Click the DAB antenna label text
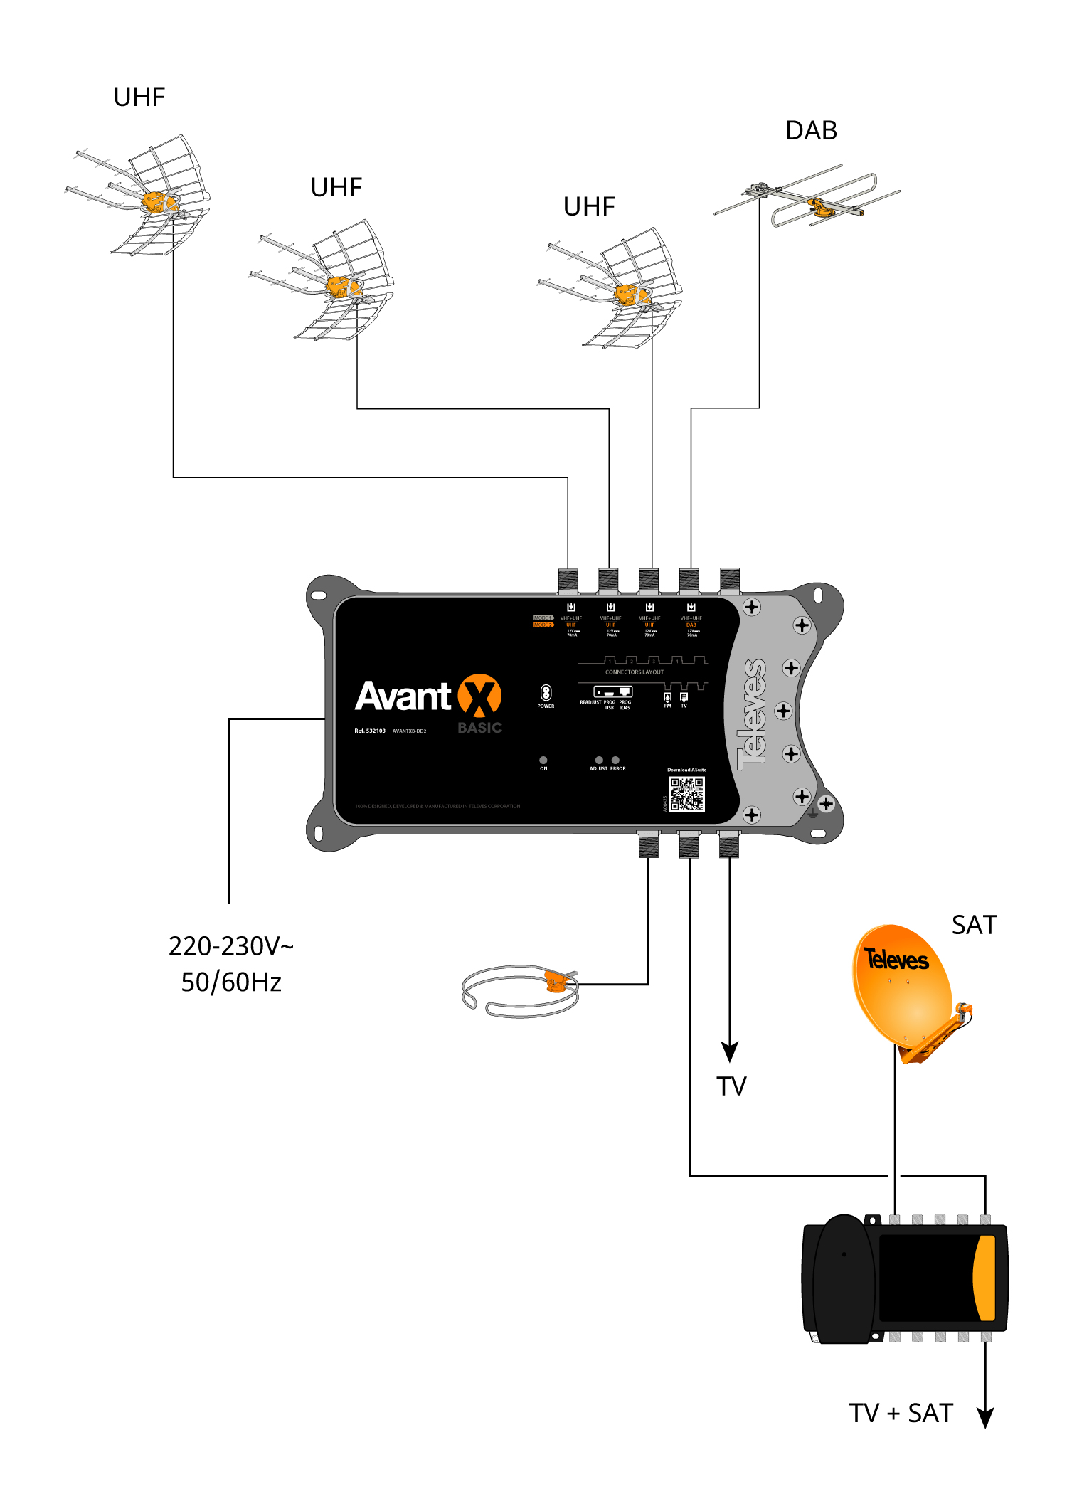(811, 131)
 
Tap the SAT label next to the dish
(974, 925)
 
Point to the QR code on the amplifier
(687, 795)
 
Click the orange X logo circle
(479, 695)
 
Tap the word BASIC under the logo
(480, 728)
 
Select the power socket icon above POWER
(546, 693)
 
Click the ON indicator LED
(543, 760)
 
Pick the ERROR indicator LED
(616, 760)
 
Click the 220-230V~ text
(230, 947)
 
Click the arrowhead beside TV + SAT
(985, 1418)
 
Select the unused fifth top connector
(730, 580)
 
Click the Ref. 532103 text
(370, 731)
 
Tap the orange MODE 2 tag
(543, 625)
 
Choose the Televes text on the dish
(896, 960)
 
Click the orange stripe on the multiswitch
(984, 1278)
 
